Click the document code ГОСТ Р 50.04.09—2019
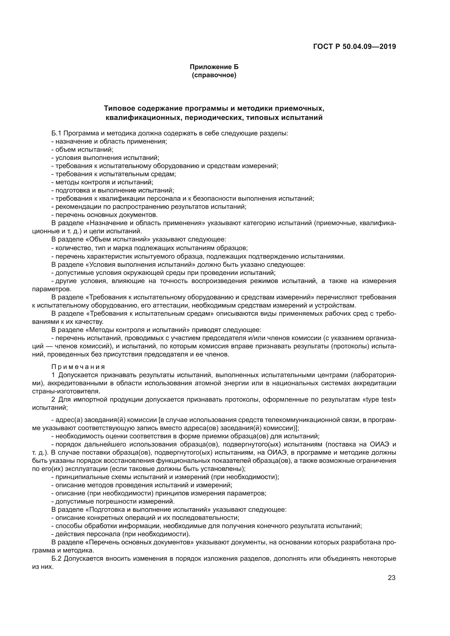[x=355, y=47]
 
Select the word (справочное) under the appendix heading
[x=214, y=75]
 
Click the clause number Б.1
[x=56, y=133]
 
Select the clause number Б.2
[x=56, y=559]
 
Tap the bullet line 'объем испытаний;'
[x=84, y=150]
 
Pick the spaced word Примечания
[x=78, y=367]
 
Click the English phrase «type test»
[x=379, y=400]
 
